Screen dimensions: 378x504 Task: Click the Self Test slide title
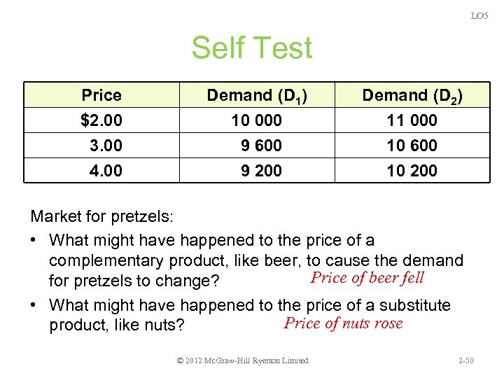click(x=251, y=48)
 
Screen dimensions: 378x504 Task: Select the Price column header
click(x=101, y=95)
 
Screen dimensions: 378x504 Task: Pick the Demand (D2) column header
click(x=412, y=95)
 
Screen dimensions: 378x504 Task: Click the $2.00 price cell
click(x=101, y=120)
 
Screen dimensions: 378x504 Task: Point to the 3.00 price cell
click(x=106, y=146)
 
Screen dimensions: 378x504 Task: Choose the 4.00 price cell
click(x=106, y=170)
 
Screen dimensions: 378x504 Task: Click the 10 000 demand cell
click(x=256, y=120)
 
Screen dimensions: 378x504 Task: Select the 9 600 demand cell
click(x=261, y=146)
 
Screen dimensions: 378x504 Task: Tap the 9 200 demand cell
click(x=261, y=170)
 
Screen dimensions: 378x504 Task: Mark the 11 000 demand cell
click(x=412, y=120)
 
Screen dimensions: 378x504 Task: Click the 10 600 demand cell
click(x=412, y=146)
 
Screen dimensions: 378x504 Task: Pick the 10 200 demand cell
click(x=412, y=170)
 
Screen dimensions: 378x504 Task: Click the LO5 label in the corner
click(x=479, y=15)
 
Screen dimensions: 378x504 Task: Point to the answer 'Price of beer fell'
click(x=367, y=277)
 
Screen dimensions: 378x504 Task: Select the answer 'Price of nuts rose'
click(x=343, y=323)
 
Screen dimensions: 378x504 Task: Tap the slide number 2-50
click(x=465, y=360)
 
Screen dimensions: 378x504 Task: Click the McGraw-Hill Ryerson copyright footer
click(x=243, y=360)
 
